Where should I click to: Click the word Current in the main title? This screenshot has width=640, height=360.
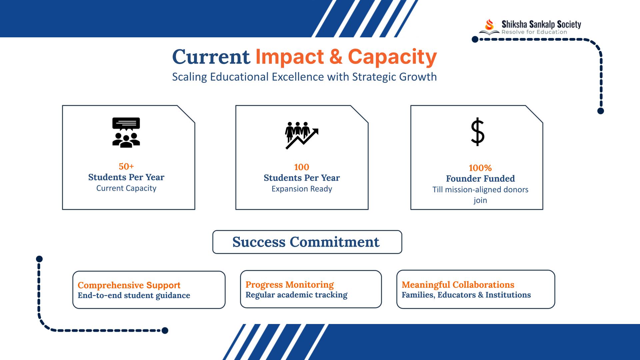211,57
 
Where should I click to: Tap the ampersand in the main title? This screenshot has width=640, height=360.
336,57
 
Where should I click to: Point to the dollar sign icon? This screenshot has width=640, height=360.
477,132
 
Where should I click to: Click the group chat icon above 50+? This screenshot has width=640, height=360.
126,132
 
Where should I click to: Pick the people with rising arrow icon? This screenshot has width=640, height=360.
302,135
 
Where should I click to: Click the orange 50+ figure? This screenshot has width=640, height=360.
126,166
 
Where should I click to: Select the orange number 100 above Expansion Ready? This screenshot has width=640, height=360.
302,167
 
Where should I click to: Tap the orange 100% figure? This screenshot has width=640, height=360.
480,168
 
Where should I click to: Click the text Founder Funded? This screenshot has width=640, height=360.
480,179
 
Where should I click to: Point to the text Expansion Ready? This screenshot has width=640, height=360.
302,189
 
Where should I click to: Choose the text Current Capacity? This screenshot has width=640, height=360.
126,188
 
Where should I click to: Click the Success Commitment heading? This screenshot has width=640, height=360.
306,242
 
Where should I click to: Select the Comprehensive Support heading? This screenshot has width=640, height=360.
129,285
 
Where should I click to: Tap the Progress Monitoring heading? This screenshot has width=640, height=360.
290,285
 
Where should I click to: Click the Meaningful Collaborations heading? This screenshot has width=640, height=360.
458,285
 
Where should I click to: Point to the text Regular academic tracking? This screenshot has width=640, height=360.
296,295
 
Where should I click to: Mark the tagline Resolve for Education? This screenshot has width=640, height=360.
534,32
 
